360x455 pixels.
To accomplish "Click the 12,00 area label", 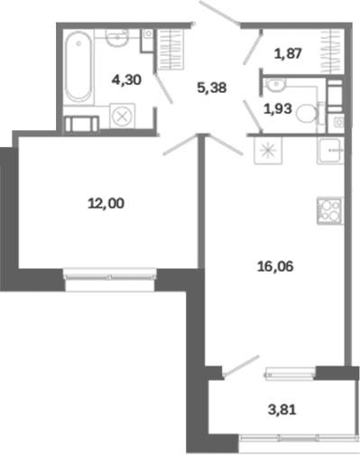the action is [106, 204].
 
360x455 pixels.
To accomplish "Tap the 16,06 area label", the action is [275, 266].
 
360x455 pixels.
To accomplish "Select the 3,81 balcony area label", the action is [282, 410].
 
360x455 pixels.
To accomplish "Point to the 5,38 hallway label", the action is [212, 88].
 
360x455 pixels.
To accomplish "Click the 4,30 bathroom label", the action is [126, 80].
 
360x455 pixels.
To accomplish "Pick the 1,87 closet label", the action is [288, 53].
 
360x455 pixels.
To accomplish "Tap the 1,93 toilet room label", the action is [278, 108].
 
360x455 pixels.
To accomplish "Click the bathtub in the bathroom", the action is [78, 67].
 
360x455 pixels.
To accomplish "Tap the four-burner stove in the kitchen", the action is [330, 210].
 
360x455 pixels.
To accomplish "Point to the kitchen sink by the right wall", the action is [330, 151].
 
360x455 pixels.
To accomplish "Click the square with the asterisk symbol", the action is [268, 151].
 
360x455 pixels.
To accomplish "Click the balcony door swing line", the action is [241, 366].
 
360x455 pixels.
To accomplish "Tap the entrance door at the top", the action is [220, 13].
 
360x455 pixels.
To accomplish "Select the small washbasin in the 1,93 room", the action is [275, 84].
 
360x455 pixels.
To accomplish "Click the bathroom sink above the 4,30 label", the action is [117, 38].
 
